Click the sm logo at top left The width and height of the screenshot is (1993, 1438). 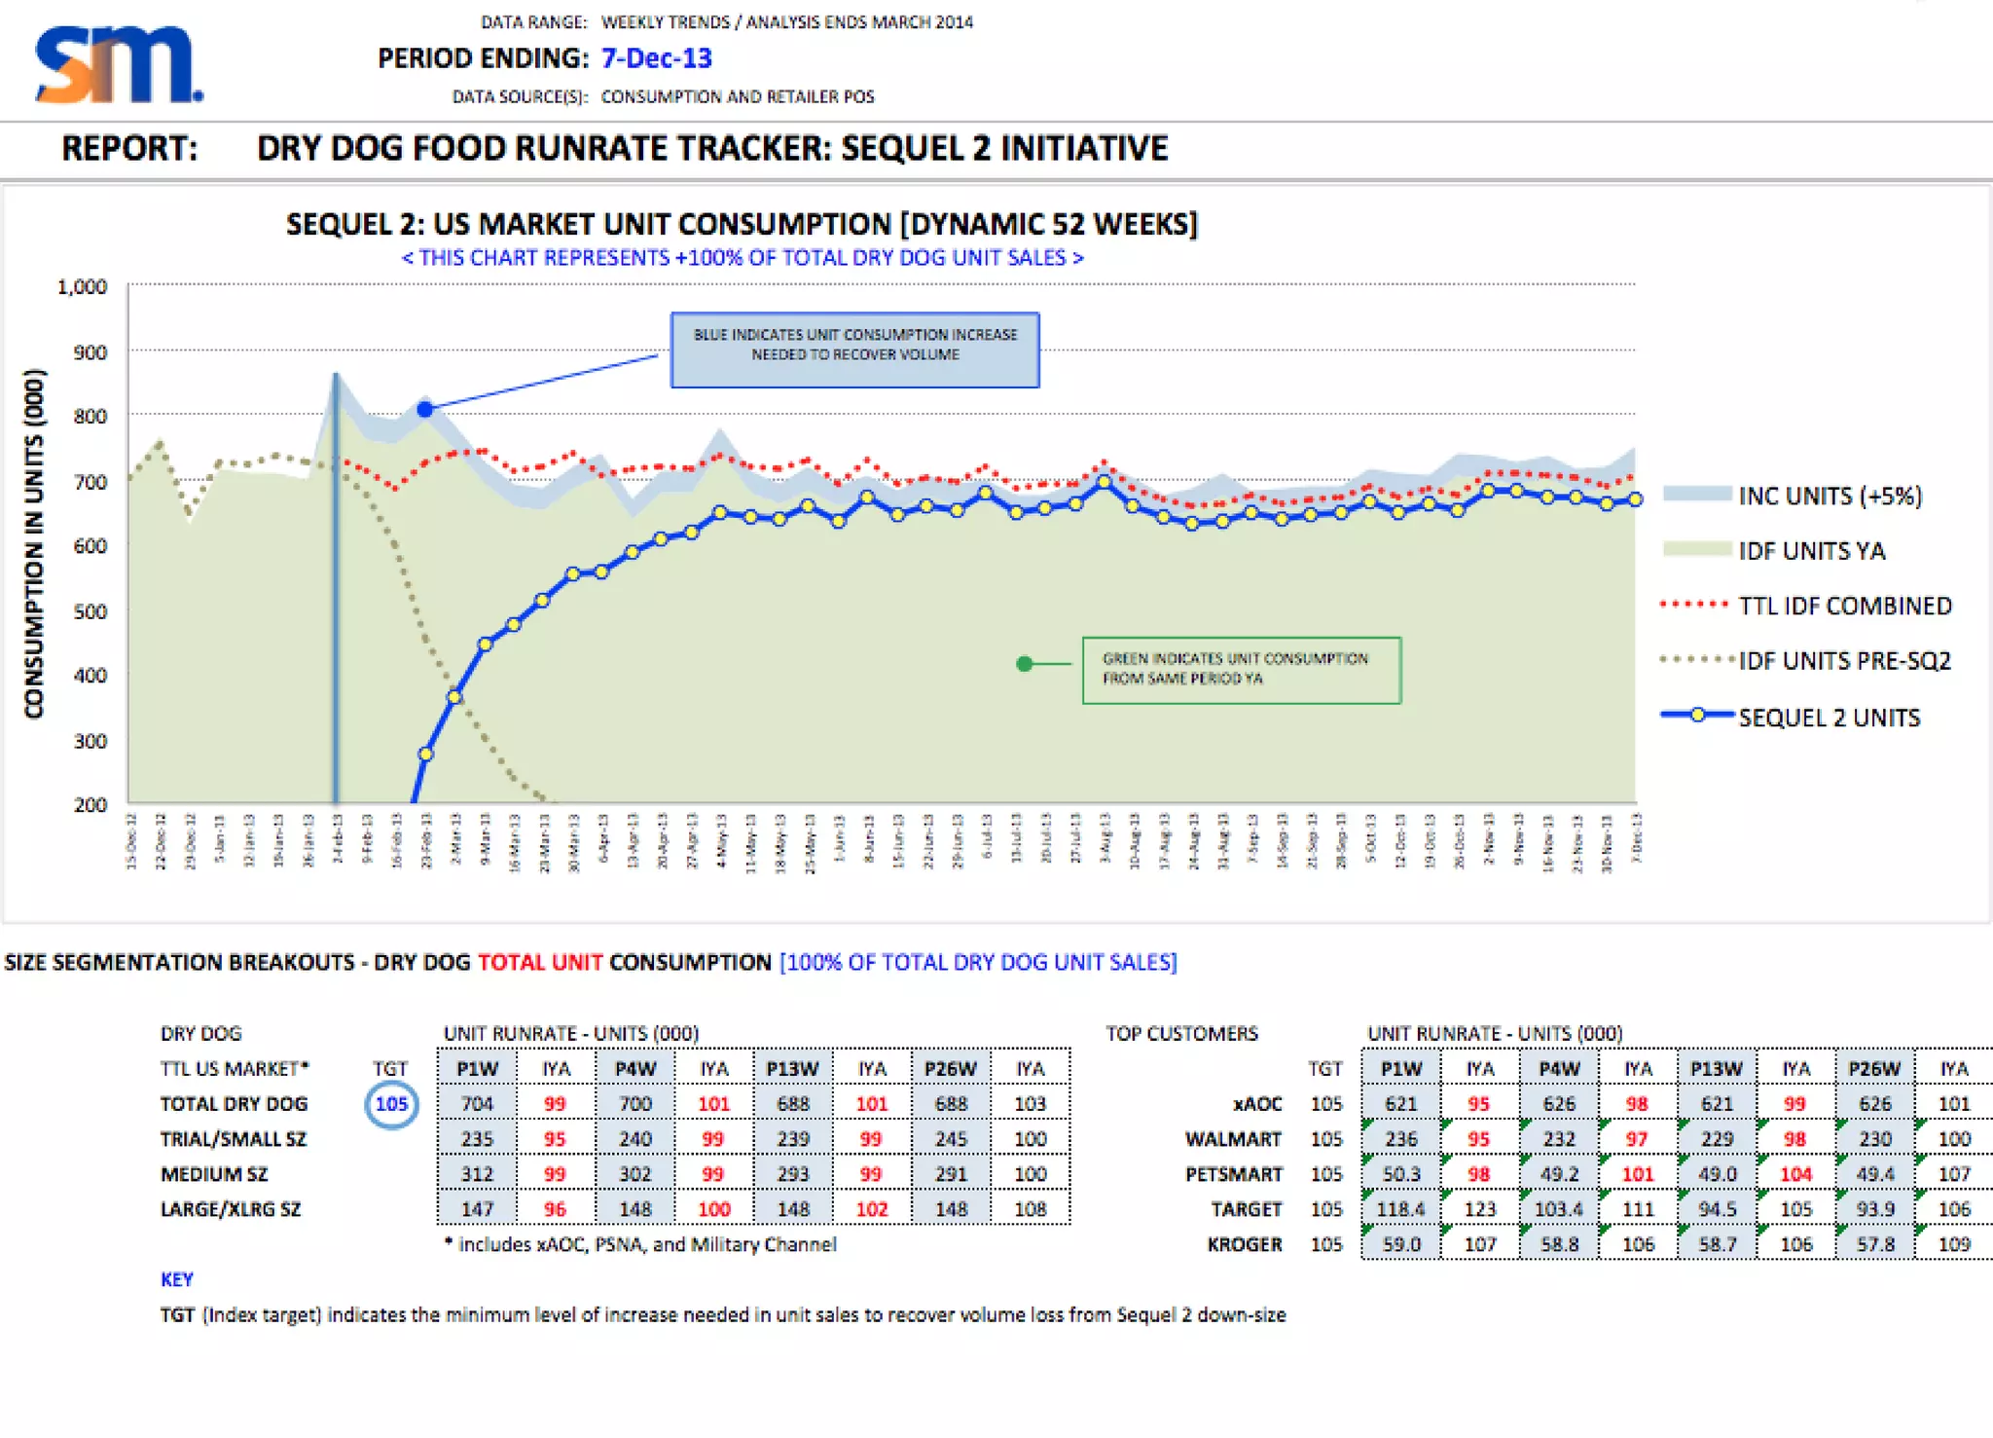[x=118, y=64]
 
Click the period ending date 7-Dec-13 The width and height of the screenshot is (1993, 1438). [x=656, y=58]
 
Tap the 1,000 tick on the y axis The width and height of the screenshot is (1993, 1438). [x=83, y=287]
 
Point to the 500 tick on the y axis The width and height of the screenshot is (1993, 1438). [x=91, y=611]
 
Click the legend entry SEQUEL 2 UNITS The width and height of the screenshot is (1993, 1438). [x=1829, y=718]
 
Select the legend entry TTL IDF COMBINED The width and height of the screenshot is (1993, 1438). [x=1844, y=606]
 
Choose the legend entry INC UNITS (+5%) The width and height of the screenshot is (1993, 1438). [x=1830, y=496]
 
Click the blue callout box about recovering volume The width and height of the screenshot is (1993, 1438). [x=854, y=350]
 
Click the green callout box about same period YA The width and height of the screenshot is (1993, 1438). [x=1241, y=670]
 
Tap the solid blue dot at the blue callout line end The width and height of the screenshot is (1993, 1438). [x=425, y=410]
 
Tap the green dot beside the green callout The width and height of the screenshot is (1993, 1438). [x=1024, y=664]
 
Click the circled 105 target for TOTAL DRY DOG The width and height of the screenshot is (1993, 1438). [x=391, y=1104]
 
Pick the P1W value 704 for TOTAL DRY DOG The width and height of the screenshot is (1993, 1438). [x=477, y=1104]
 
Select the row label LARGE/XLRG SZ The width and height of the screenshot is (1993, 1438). [x=231, y=1209]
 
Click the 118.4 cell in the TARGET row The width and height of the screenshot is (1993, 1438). [x=1400, y=1209]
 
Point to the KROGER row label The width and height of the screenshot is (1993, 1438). [x=1245, y=1244]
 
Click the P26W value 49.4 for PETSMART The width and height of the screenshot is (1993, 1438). [x=1874, y=1174]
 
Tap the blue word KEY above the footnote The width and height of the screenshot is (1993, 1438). [x=177, y=1279]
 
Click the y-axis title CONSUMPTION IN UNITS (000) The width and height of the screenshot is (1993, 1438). [x=35, y=543]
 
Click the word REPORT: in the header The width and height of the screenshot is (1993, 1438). [x=129, y=149]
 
